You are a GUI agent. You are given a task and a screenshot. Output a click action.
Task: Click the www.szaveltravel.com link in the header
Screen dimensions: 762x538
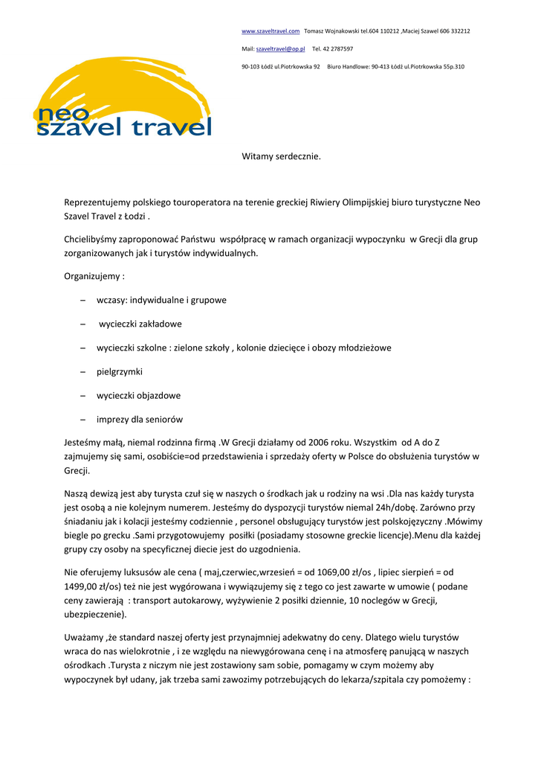pyautogui.click(x=270, y=31)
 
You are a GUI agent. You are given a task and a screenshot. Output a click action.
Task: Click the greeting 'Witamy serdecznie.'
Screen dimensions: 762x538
pyautogui.click(x=281, y=156)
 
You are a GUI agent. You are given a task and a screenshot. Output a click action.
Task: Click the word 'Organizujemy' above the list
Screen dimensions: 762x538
pyautogui.click(x=92, y=276)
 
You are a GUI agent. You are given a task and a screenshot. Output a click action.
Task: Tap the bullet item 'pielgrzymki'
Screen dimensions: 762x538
pyautogui.click(x=119, y=371)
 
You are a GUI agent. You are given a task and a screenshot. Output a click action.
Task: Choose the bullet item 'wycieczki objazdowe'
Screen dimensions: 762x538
pyautogui.click(x=138, y=395)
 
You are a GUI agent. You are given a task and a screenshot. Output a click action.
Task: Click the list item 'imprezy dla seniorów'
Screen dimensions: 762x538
pyautogui.click(x=139, y=419)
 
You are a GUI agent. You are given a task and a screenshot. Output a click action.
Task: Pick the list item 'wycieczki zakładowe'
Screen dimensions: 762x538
pyautogui.click(x=140, y=324)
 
